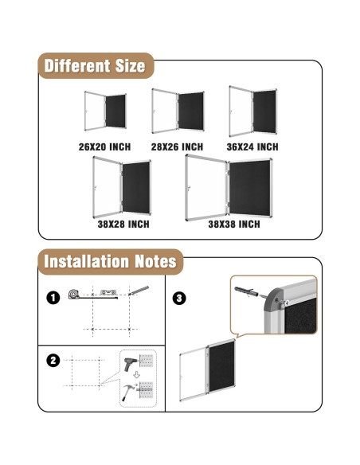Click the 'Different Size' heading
coord(95,65)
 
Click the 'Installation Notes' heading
coord(110,262)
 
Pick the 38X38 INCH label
coord(234,225)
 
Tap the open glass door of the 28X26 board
coord(164,111)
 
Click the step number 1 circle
coord(53,298)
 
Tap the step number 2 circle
coord(53,360)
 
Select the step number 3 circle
coord(179,298)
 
